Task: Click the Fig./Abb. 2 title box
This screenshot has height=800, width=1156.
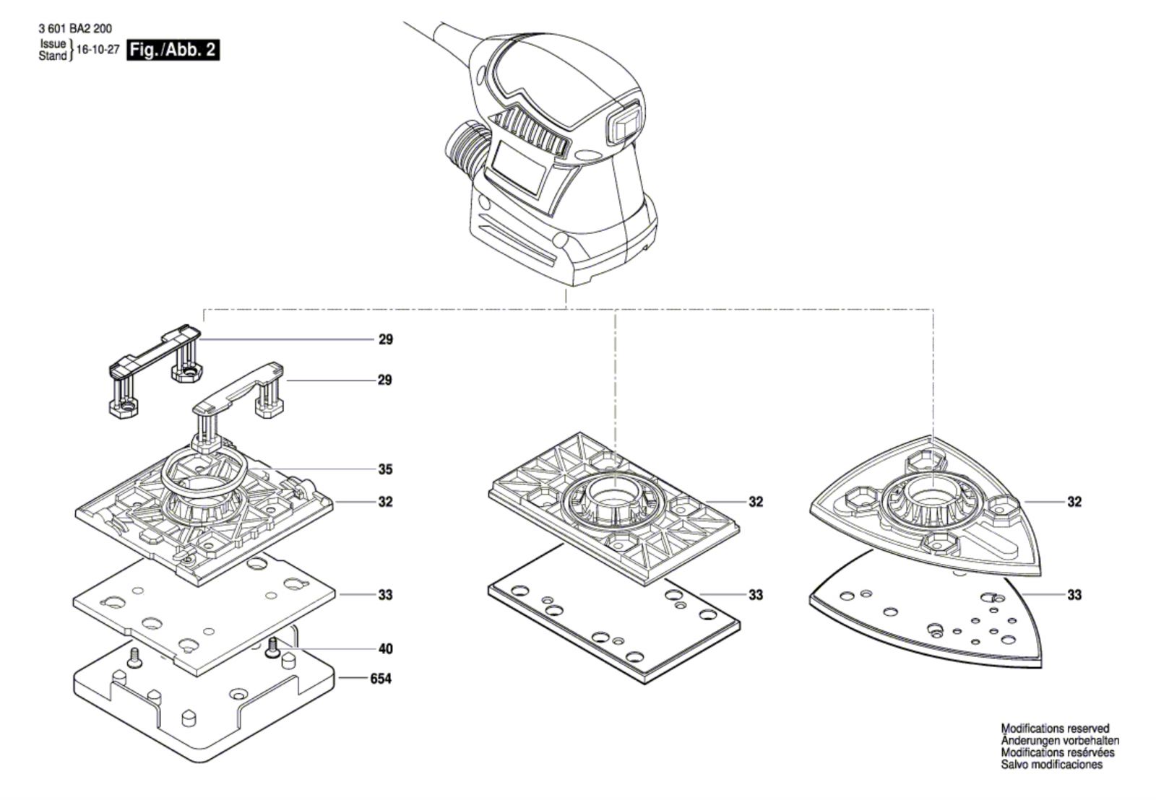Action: click(x=172, y=51)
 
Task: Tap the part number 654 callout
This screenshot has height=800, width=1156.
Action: click(x=380, y=679)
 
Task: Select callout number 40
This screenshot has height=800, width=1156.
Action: click(x=385, y=648)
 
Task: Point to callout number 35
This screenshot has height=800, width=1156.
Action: click(x=385, y=469)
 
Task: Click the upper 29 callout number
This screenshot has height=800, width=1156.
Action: click(x=385, y=339)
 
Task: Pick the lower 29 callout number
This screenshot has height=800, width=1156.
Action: click(x=385, y=380)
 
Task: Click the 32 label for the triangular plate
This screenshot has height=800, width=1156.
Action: click(x=1074, y=502)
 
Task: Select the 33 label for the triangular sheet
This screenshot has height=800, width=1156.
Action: click(x=1074, y=595)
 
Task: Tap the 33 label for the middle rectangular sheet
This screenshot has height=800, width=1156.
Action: click(x=755, y=595)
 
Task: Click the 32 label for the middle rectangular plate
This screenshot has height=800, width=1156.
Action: click(x=755, y=502)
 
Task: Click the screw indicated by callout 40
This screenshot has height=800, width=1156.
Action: click(x=273, y=647)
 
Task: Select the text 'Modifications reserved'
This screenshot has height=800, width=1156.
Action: click(x=1054, y=729)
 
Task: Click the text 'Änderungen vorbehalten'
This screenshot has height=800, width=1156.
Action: click(x=1060, y=741)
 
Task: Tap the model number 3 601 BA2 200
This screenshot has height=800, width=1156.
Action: click(x=74, y=30)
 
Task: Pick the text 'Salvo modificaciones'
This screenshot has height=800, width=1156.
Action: click(x=1051, y=765)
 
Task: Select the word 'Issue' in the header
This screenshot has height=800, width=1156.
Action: click(x=53, y=45)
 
